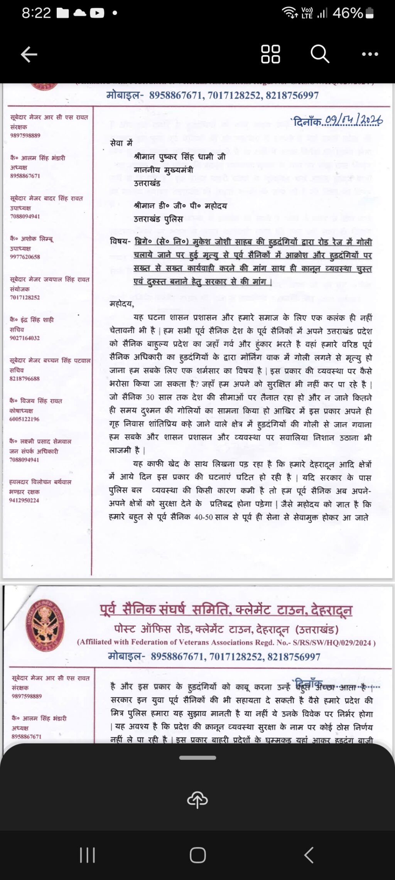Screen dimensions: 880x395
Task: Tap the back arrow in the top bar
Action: pyautogui.click(x=29, y=54)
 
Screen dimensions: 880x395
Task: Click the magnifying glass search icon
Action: pyautogui.click(x=320, y=54)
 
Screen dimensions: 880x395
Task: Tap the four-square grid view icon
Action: pyautogui.click(x=270, y=54)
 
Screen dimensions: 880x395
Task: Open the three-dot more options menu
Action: pyautogui.click(x=370, y=54)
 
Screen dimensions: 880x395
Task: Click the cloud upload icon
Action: pyautogui.click(x=197, y=800)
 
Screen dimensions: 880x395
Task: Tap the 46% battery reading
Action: pyautogui.click(x=348, y=13)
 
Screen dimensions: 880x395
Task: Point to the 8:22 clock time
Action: pyautogui.click(x=36, y=13)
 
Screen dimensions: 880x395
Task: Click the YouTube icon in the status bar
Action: pyautogui.click(x=97, y=13)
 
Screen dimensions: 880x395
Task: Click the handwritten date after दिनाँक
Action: pyautogui.click(x=353, y=121)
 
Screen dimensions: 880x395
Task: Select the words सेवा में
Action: pyautogui.click(x=121, y=143)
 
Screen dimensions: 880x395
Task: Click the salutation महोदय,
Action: pyautogui.click(x=122, y=304)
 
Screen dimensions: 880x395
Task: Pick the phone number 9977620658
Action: pyautogui.click(x=25, y=257)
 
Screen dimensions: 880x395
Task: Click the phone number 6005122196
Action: pyautogui.click(x=24, y=419)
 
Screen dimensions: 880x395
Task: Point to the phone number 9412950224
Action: pyautogui.click(x=24, y=500)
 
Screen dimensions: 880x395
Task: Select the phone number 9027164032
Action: pyautogui.click(x=25, y=338)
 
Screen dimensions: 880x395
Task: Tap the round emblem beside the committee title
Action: pyautogui.click(x=45, y=625)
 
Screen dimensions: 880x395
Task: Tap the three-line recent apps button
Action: pyautogui.click(x=87, y=855)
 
